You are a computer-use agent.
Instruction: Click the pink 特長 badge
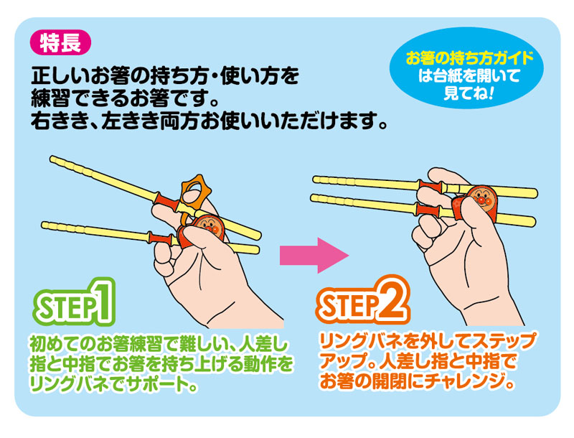[60, 42]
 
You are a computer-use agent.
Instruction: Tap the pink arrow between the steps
[314, 255]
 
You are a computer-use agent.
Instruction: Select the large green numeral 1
[103, 301]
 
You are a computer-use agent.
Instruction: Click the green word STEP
[66, 307]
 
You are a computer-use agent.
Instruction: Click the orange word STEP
[349, 305]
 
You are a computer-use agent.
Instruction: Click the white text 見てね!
[469, 93]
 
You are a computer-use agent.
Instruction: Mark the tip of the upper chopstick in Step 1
[52, 159]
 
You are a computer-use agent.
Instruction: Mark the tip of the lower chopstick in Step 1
[44, 225]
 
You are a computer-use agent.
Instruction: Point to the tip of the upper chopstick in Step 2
[315, 179]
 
